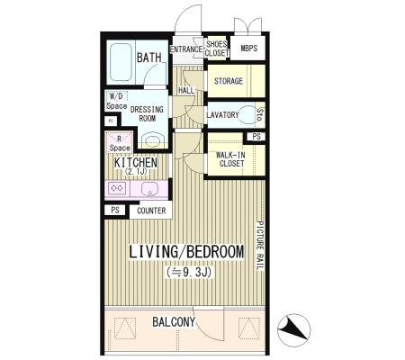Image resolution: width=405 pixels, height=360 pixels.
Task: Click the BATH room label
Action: tap(148, 58)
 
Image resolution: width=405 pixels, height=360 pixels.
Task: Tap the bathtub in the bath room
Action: tap(121, 62)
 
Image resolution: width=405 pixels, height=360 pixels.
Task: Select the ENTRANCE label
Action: tap(186, 49)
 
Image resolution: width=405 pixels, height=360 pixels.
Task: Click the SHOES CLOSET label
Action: tap(217, 49)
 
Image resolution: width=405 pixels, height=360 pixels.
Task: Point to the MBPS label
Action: tap(248, 48)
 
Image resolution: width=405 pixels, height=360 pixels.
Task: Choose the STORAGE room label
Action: tap(229, 81)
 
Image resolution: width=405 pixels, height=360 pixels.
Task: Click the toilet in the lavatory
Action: tap(247, 114)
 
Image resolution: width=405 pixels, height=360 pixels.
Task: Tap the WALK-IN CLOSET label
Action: tap(231, 159)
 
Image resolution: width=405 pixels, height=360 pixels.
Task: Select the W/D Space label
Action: tap(116, 101)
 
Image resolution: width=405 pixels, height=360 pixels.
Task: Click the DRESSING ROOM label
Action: tap(147, 113)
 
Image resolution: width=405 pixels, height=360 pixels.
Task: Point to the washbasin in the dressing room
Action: tap(153, 140)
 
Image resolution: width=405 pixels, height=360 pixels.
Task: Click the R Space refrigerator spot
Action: tap(120, 143)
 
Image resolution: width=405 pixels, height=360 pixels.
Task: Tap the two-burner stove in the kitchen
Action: tap(117, 188)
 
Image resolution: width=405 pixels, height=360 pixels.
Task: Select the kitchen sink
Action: tap(148, 189)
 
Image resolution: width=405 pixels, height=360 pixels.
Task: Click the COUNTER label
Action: tap(151, 211)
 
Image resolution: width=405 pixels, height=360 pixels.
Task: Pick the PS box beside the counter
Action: tap(115, 210)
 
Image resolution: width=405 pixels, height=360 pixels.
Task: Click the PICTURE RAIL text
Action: tap(260, 246)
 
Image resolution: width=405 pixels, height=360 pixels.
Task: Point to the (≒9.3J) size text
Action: tap(190, 272)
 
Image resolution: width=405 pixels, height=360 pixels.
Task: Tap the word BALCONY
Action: tap(174, 322)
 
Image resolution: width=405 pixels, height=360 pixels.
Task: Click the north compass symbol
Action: tap(293, 330)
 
